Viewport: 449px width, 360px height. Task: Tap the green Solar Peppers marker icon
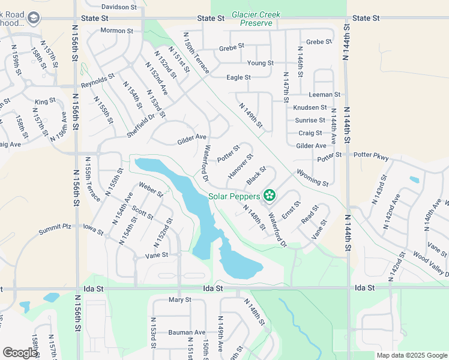270,195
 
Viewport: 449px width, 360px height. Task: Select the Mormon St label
116,30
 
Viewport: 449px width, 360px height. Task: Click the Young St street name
261,62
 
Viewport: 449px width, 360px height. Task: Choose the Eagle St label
238,77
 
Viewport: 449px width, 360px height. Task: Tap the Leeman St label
325,95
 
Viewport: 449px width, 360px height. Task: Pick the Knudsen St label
310,107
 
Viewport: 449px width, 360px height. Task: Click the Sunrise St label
310,120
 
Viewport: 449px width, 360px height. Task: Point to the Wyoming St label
312,178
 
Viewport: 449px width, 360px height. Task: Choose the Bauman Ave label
187,332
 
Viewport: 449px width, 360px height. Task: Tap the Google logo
20,353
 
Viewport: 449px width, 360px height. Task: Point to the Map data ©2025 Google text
412,355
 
